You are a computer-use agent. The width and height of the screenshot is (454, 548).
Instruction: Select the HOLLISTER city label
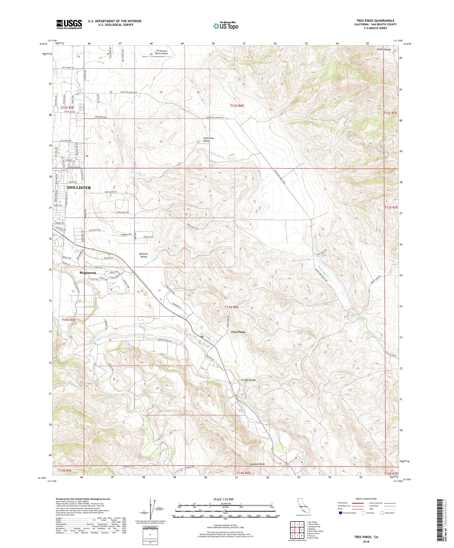[79, 188]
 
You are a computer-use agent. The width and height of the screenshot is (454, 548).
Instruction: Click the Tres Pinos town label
[238, 332]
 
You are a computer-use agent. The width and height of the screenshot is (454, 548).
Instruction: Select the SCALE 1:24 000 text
[226, 499]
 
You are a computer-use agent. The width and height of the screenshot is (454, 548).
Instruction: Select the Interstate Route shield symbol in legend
[340, 513]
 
